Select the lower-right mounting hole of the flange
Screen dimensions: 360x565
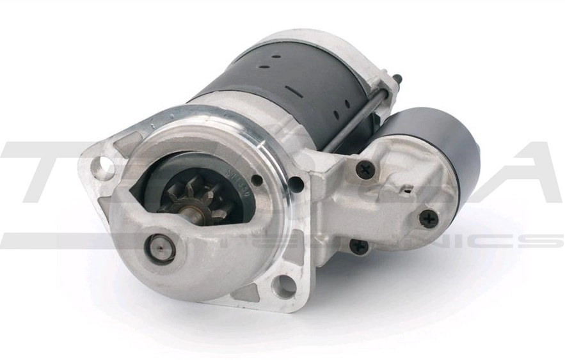click(284, 286)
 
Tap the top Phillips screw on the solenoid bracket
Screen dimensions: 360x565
click(365, 169)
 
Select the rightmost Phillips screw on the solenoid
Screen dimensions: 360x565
click(428, 218)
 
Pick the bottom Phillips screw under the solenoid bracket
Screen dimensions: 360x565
click(360, 245)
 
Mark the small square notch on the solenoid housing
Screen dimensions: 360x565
click(406, 189)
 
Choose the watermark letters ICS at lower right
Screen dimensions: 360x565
click(512, 241)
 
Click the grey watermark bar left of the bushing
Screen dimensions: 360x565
click(64, 241)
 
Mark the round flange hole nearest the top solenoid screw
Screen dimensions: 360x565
click(296, 184)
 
